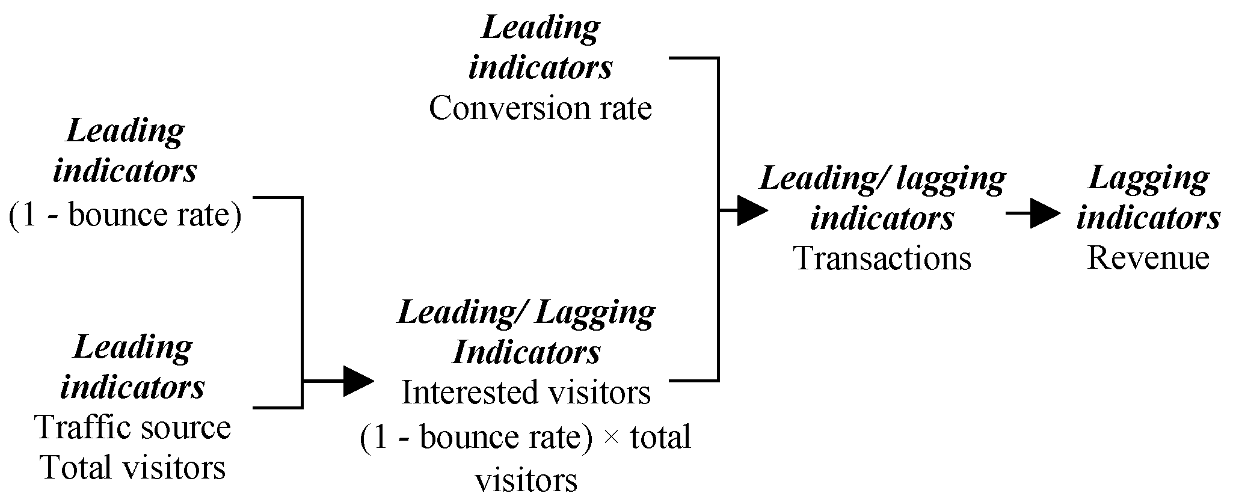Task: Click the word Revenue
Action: pyautogui.click(x=1148, y=259)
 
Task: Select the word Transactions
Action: pyautogui.click(x=882, y=259)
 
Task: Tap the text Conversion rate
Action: pyautogui.click(x=540, y=109)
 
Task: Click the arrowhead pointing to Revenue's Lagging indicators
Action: pyautogui.click(x=1045, y=213)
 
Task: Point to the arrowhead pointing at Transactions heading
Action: pyautogui.click(x=752, y=210)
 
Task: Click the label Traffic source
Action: pyautogui.click(x=133, y=427)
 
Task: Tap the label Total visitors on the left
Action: pyautogui.click(x=133, y=467)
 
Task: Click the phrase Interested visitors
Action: pyautogui.click(x=526, y=393)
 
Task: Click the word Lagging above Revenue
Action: pyautogui.click(x=1148, y=179)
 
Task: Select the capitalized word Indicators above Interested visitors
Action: pyautogui.click(x=526, y=352)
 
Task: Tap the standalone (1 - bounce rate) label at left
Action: pyautogui.click(x=125, y=215)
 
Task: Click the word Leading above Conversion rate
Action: pyautogui.click(x=541, y=28)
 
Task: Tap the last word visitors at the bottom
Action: pyautogui.click(x=526, y=481)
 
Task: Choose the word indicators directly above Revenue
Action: pyautogui.click(x=1148, y=218)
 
